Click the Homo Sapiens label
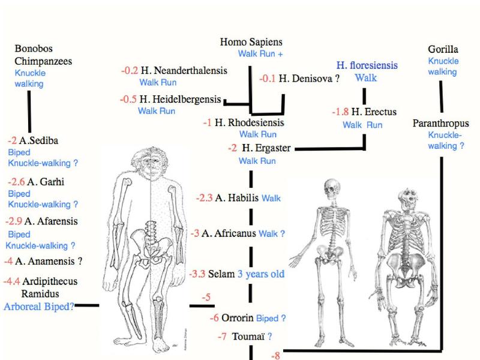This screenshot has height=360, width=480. click(x=251, y=42)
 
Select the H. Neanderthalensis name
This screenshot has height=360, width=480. click(x=184, y=71)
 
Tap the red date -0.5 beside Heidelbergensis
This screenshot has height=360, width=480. click(x=128, y=99)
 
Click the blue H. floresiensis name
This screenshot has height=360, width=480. click(x=367, y=65)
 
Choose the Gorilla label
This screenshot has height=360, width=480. click(x=443, y=49)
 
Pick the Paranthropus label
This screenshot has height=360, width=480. click(x=440, y=124)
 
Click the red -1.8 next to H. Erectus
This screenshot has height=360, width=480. click(x=340, y=112)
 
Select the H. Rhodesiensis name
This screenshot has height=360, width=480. click(x=249, y=123)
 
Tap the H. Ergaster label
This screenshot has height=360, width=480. click(x=266, y=148)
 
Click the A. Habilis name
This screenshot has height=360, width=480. click(x=236, y=198)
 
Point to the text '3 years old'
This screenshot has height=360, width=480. click(x=261, y=274)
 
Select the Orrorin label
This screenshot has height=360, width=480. click(x=237, y=318)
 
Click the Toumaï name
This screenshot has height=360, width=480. click(x=248, y=337)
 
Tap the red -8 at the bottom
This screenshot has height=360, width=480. click(x=275, y=355)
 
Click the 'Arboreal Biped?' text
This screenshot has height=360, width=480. click(x=39, y=307)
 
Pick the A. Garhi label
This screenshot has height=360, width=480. click(x=46, y=182)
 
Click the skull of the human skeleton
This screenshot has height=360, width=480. click(x=332, y=188)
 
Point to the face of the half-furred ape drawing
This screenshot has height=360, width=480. click(x=151, y=167)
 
